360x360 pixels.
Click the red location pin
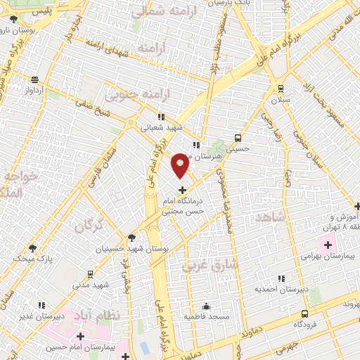click(181, 165)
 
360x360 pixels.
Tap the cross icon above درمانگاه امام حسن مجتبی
click(182, 190)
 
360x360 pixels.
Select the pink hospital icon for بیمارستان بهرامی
click(326, 245)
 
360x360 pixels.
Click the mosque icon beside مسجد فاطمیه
click(206, 306)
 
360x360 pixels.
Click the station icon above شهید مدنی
click(90, 274)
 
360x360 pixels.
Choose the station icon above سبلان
click(281, 89)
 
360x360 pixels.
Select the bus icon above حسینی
click(238, 137)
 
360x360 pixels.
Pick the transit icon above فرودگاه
click(304, 314)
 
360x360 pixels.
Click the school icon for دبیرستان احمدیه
click(282, 278)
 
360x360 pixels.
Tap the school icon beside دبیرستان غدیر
click(41, 305)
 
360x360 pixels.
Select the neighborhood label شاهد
click(272, 218)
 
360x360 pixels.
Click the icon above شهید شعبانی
click(161, 117)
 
